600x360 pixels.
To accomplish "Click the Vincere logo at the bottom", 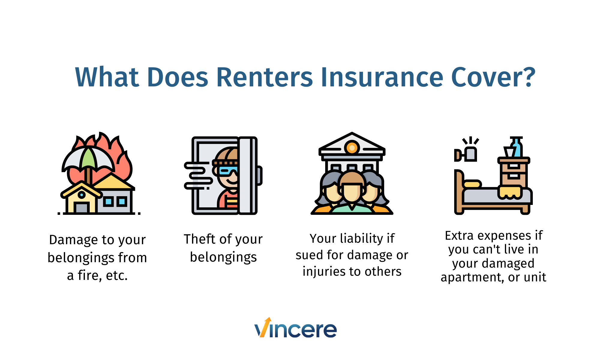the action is pos(295,328).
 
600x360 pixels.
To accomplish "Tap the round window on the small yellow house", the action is pos(82,195).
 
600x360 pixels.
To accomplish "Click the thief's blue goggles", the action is pos(228,171).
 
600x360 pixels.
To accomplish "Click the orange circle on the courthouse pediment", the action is pos(352,148).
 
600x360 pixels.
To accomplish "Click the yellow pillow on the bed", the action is pos(472,184).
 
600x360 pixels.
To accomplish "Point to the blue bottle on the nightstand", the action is pos(517,148).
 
